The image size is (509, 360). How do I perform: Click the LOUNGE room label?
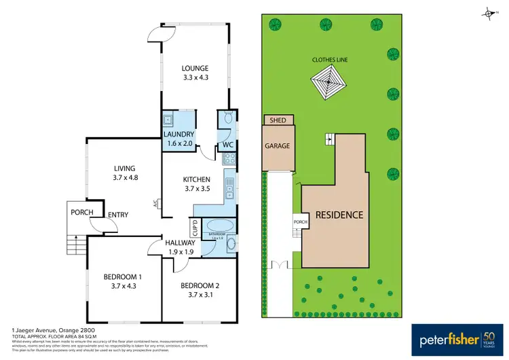194,73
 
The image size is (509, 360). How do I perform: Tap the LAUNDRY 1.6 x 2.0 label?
179,139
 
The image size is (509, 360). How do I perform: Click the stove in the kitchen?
229,160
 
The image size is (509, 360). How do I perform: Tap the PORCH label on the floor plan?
81,213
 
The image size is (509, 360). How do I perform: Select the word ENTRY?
118,215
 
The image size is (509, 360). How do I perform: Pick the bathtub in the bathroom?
221,226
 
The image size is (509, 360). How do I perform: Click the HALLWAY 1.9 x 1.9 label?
181,247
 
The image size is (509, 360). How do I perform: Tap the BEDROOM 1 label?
122,281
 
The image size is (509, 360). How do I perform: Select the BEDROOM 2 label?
200,290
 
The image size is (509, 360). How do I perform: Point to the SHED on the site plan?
278,120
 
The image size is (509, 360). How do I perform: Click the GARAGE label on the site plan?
277,146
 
